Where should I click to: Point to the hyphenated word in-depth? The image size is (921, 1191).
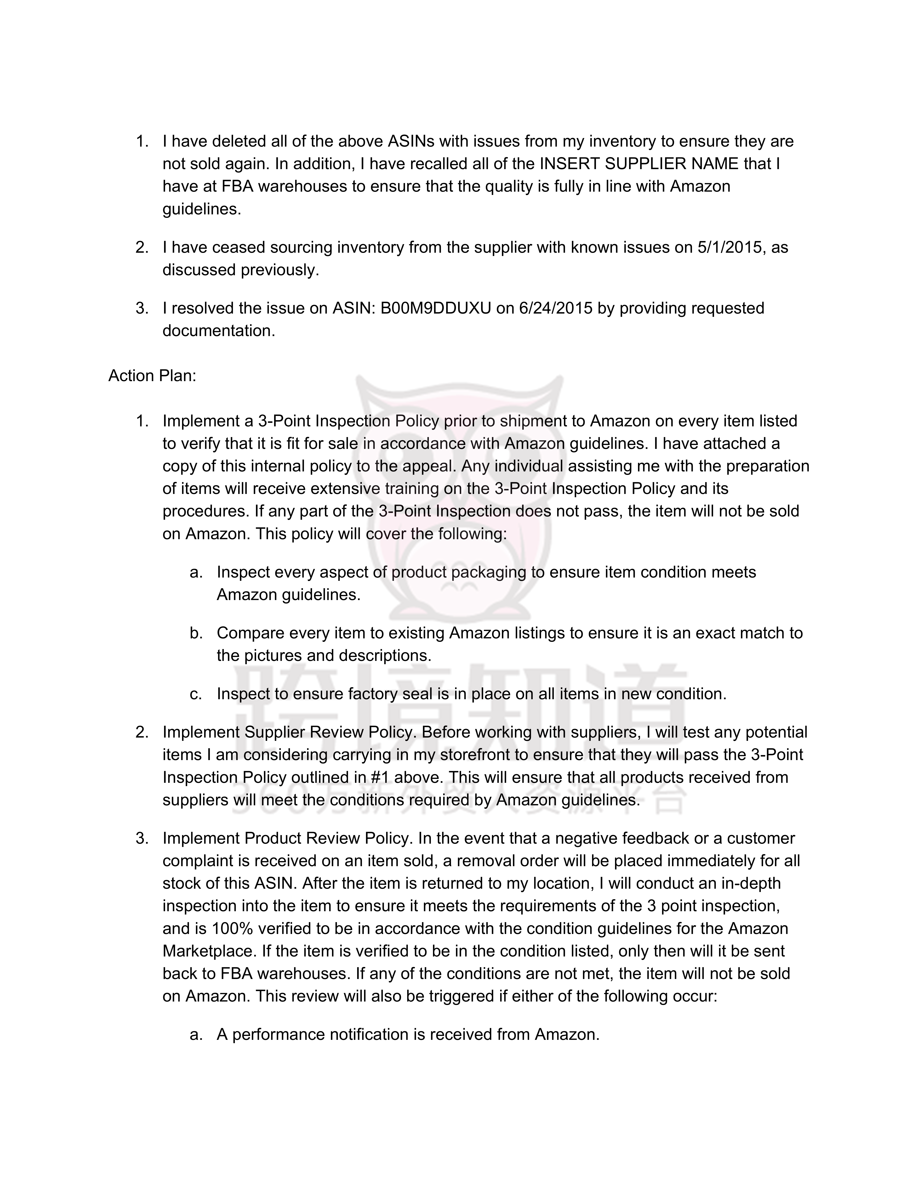click(750, 884)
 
